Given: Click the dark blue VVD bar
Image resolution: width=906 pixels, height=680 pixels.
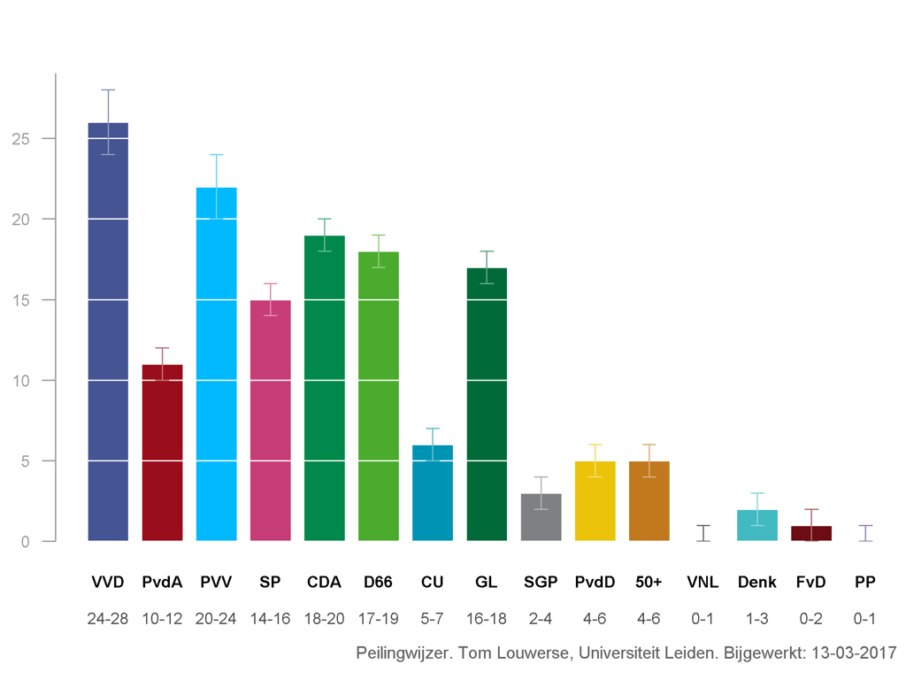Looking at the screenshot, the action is coord(108,332).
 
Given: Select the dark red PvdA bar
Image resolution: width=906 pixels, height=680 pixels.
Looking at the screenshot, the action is coord(163,452).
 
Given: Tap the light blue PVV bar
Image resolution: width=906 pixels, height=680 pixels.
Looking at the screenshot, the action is coord(216,364).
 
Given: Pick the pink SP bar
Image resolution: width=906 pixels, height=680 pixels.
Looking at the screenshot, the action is coord(271,421).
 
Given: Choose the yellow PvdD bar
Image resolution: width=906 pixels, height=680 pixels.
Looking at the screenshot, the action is coord(595,501).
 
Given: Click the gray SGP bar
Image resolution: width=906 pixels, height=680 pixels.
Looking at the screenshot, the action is coord(541,517).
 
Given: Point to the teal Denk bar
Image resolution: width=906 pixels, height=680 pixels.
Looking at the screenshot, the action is coord(757,525).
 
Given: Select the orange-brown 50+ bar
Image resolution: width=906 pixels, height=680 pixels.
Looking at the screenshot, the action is coord(649,501).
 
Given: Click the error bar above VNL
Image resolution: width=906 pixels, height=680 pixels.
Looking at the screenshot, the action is coord(703,533).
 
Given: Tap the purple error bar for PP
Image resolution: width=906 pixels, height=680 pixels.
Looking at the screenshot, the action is coord(865,533).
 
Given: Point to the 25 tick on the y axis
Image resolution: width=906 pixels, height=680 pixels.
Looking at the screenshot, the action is coord(50,139).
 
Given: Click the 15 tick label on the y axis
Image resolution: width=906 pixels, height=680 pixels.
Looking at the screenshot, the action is coord(21,300).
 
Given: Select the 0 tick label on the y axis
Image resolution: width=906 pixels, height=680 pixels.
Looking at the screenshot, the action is coord(26,542).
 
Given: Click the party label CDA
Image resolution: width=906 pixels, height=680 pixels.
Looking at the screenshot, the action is coord(324,582).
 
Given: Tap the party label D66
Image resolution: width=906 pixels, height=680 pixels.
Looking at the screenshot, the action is coord(378,582).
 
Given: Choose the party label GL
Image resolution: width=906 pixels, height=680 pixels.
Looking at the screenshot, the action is coord(487,582).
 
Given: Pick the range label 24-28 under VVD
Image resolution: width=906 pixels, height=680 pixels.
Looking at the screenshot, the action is coord(108,619).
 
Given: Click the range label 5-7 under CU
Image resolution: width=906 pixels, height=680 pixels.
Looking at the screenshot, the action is coord(432,619).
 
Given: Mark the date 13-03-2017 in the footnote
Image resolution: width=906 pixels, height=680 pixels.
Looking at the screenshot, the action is coord(854,653).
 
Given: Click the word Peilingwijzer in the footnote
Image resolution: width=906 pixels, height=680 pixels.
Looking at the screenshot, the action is coord(403,653).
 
